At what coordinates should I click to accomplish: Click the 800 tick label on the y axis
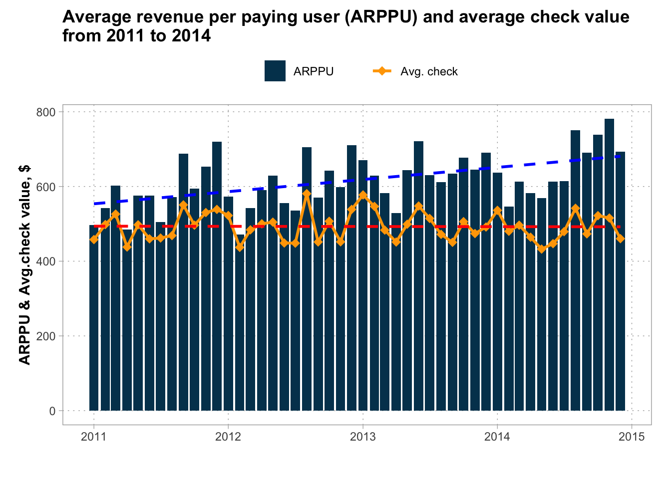tap(46, 112)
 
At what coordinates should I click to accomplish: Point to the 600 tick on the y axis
tap(46, 187)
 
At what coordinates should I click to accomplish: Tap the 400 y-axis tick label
tap(46, 261)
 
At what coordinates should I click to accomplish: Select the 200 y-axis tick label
tap(46, 336)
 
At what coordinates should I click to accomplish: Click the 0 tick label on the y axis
tap(52, 411)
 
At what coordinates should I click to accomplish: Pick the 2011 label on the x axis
tap(93, 437)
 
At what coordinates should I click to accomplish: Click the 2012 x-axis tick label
tap(228, 437)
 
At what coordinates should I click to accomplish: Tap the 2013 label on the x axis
tap(362, 437)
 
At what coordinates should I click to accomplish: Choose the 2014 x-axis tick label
tap(497, 437)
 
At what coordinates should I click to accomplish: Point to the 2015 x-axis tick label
tap(632, 437)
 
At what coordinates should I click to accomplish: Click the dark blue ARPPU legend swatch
tap(275, 71)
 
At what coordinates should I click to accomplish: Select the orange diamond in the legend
tap(382, 71)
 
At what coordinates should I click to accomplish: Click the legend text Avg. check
tap(429, 72)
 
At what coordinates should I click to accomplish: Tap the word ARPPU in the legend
tap(314, 72)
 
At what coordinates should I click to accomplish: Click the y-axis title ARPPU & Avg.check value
tap(24, 264)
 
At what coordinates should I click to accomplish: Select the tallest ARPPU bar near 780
tap(609, 264)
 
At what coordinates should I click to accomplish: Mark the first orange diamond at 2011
tap(94, 239)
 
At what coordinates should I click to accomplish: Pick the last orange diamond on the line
tap(620, 239)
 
